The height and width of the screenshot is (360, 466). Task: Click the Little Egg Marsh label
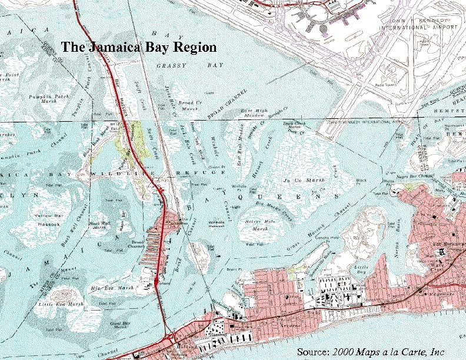[52, 304]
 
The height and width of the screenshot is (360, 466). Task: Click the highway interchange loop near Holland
[171, 336]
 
